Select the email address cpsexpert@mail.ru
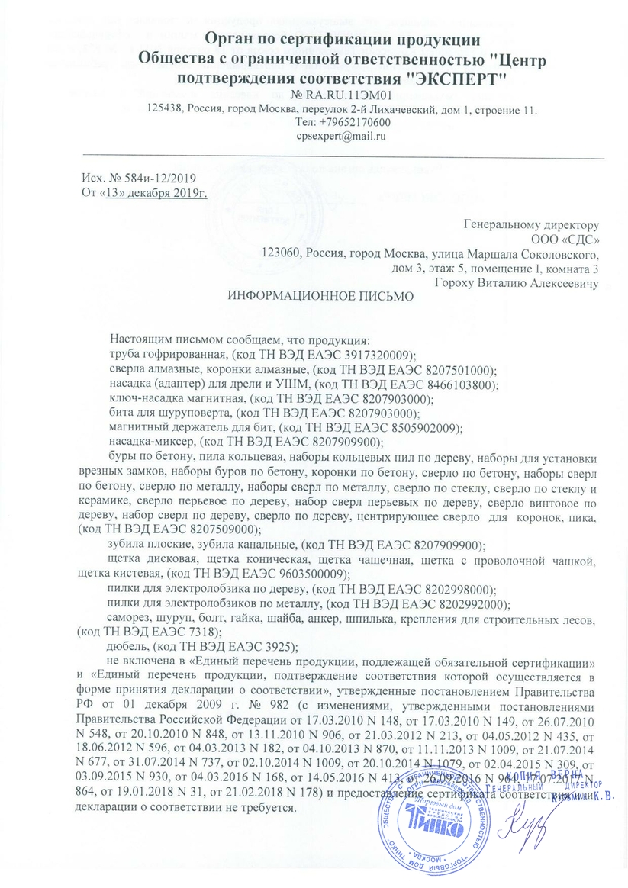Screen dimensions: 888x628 point(341,137)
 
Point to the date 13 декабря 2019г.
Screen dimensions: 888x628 point(156,191)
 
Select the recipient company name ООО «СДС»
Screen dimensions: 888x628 point(571,238)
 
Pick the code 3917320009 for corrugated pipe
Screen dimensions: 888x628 point(382,355)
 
